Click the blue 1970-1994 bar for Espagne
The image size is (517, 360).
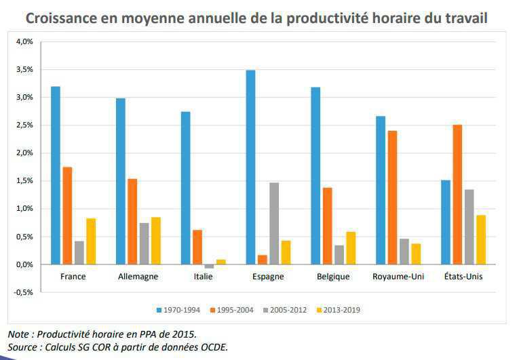tap(250, 167)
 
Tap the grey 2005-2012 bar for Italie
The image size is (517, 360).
tap(209, 266)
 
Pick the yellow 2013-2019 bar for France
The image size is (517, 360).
tap(91, 241)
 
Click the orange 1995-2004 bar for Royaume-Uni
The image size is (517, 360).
tap(392, 197)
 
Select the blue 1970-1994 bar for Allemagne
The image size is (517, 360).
tap(121, 181)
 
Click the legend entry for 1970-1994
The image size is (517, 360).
tap(177, 310)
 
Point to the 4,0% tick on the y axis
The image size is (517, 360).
tap(24, 41)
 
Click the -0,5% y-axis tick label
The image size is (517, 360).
tap(24, 292)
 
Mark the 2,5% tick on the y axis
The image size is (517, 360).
tap(24, 125)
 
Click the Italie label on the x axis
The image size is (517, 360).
tap(203, 277)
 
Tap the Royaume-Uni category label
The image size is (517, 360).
tap(398, 277)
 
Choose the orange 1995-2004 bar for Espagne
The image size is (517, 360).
tap(263, 260)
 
